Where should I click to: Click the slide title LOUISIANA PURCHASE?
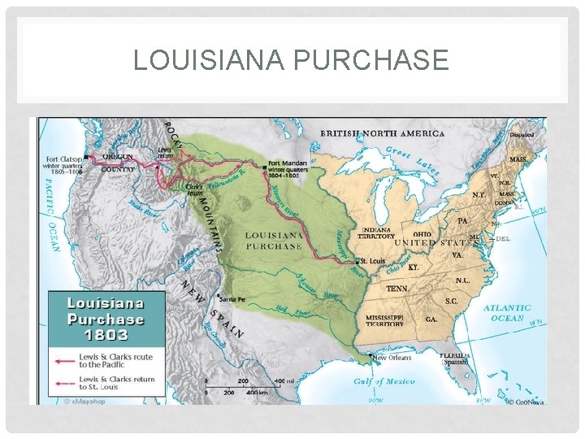(x=291, y=60)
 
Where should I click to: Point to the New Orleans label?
(x=392, y=358)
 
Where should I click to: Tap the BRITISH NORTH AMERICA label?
(x=382, y=133)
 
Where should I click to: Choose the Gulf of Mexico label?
(x=384, y=380)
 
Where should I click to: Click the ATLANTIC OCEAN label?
(x=507, y=313)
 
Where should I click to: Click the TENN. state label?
(x=397, y=289)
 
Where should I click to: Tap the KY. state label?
(x=414, y=267)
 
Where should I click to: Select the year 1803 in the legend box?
(x=106, y=335)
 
